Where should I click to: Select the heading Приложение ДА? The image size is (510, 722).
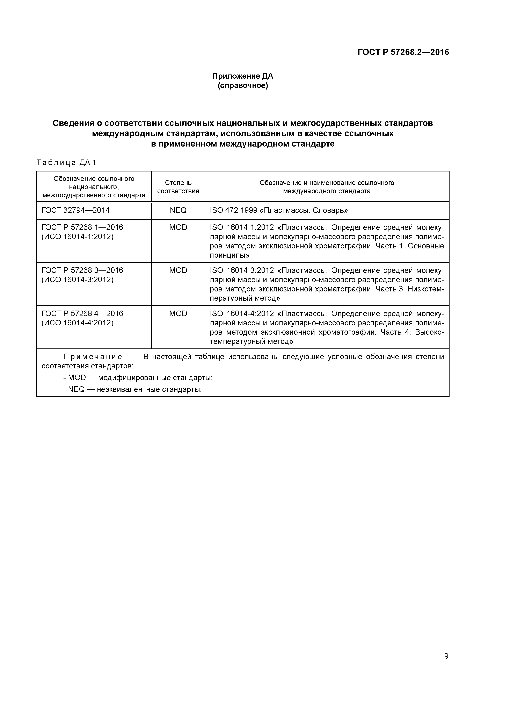(x=243, y=76)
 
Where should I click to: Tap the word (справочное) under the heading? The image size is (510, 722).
(x=243, y=86)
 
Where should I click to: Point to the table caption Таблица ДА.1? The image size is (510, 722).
(x=66, y=163)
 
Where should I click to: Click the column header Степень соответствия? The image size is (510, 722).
(x=178, y=187)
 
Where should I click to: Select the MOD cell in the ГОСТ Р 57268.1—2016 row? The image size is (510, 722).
(x=178, y=227)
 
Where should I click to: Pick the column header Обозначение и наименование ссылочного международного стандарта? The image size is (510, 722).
(x=327, y=187)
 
